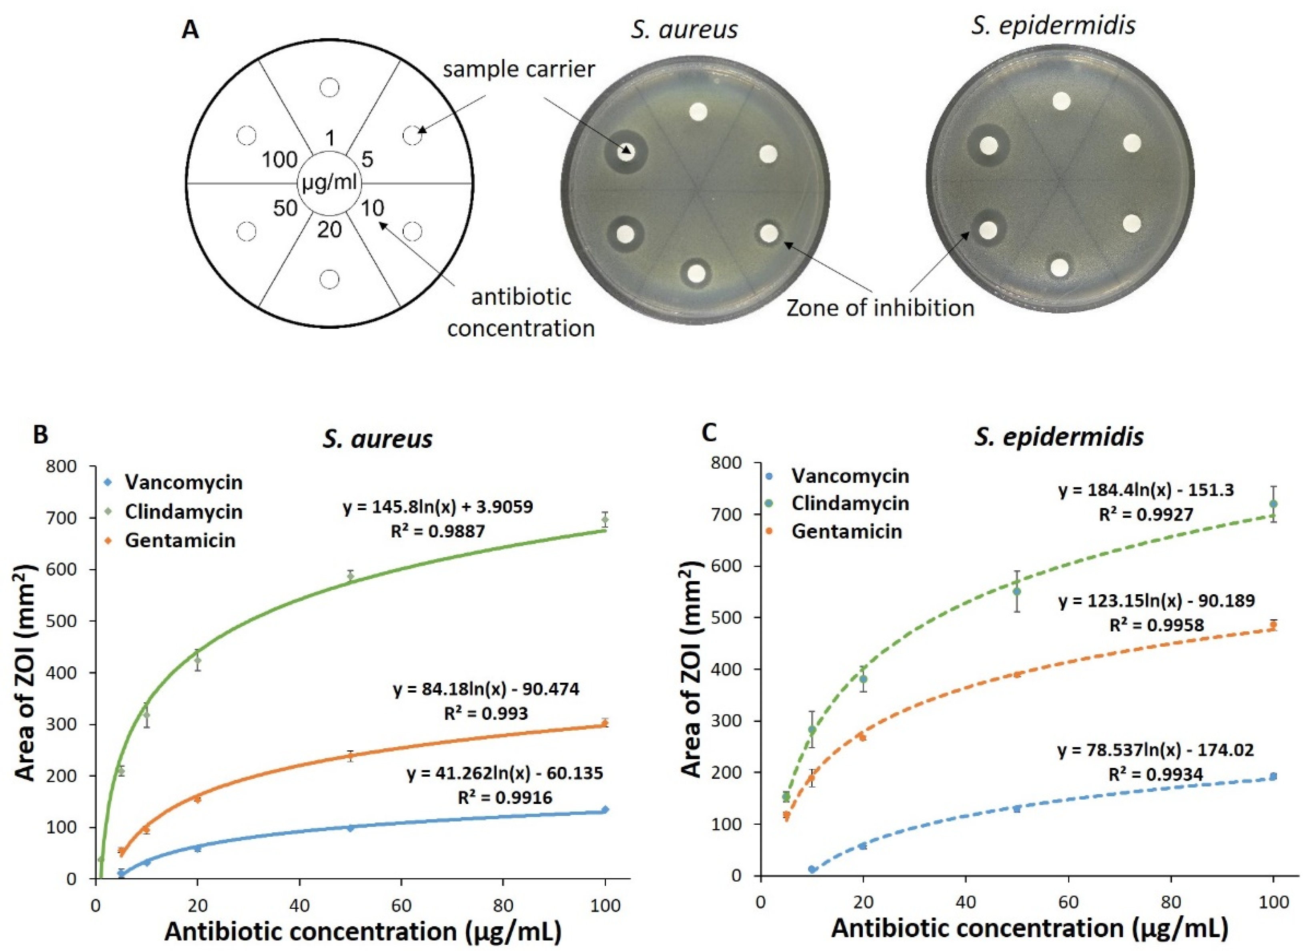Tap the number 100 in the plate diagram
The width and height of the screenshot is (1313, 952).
coord(280,160)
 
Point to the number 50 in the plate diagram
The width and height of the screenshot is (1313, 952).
coord(285,208)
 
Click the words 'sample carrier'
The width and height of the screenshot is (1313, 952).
coord(519,70)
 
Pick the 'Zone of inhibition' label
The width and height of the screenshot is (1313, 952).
coord(880,307)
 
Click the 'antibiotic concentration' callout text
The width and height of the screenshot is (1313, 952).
coord(521,313)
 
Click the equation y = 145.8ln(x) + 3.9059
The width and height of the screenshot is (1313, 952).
coord(438,507)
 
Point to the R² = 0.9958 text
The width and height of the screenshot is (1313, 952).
coord(1156,625)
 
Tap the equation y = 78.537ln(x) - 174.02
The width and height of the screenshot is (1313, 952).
coord(1156,750)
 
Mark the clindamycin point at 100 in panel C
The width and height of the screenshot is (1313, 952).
coord(1273,504)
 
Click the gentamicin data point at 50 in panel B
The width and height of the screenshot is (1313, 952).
coord(350,755)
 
